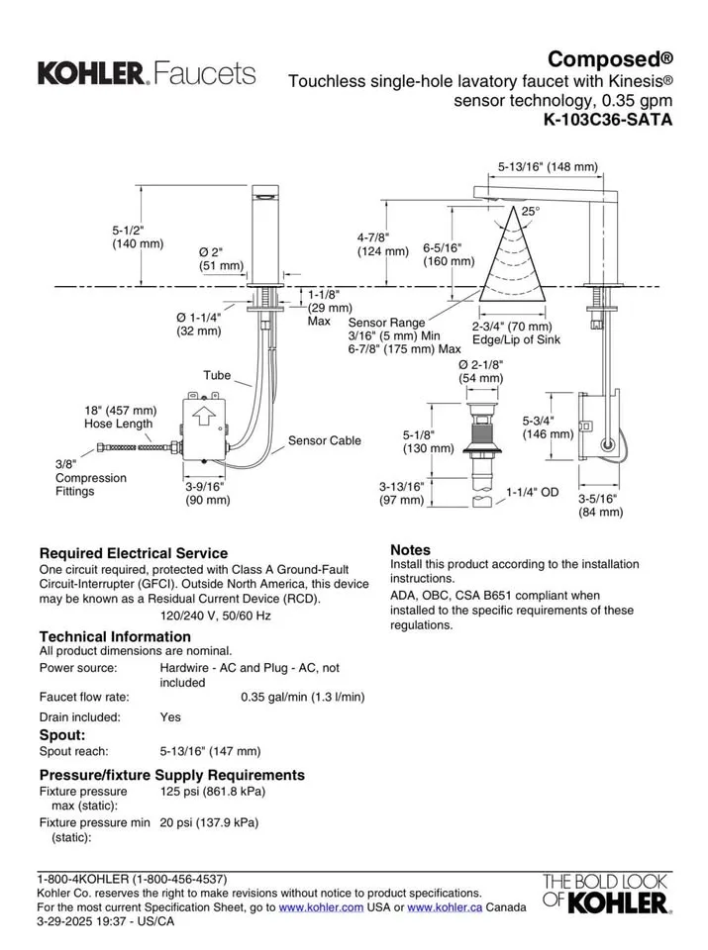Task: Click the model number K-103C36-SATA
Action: [608, 122]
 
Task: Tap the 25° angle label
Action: [531, 212]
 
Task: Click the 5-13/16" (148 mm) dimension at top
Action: [547, 166]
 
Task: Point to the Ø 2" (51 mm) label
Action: [221, 258]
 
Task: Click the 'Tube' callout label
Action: [217, 375]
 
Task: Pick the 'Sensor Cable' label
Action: [324, 440]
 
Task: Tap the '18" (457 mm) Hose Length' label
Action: [120, 417]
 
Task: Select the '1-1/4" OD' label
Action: [533, 492]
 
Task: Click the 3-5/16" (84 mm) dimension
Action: [601, 505]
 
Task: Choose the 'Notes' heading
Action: [410, 549]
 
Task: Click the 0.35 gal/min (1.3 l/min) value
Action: [302, 697]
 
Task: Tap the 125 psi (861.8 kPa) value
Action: [212, 792]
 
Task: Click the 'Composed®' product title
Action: [611, 58]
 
